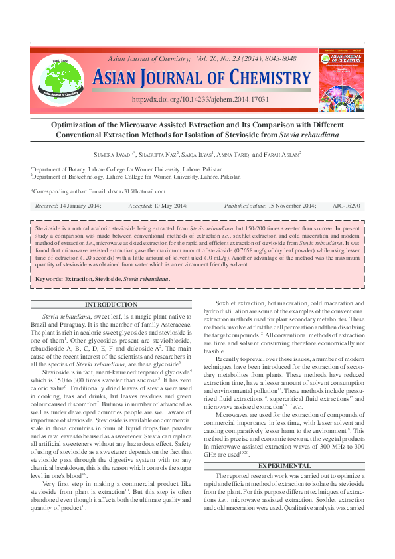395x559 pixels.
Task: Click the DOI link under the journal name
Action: [x=200, y=99]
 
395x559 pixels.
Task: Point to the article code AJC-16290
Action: [x=346, y=206]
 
